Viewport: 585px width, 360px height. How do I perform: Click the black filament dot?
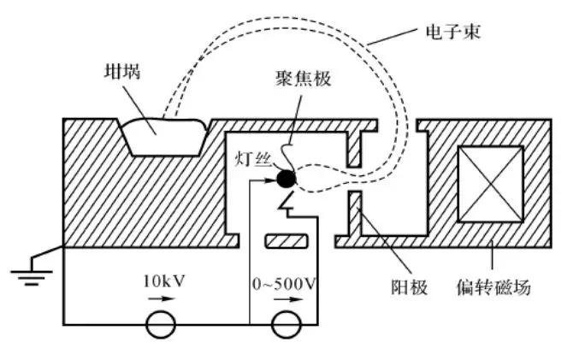click(x=284, y=180)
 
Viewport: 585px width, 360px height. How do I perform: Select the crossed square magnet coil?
click(x=491, y=186)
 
